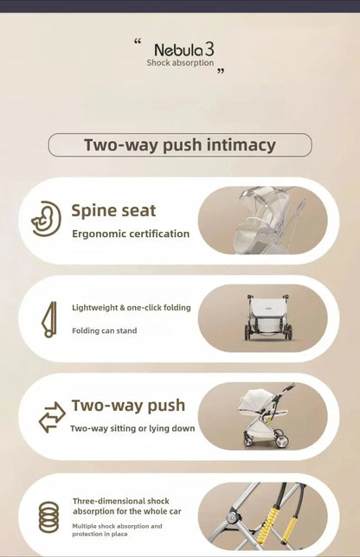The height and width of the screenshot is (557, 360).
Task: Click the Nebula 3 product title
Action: pos(184,50)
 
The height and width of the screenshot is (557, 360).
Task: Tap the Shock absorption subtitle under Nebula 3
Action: pos(180,63)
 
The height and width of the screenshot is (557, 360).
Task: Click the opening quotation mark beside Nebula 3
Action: pos(138,42)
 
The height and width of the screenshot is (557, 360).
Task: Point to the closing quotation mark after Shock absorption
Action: pos(221,72)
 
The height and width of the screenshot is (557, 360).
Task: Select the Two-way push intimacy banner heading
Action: pos(180,145)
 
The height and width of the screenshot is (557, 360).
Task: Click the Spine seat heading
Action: pos(113,211)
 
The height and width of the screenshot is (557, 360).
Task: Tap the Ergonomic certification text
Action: pos(131,234)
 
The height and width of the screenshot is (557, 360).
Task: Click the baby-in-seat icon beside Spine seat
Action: pos(46,219)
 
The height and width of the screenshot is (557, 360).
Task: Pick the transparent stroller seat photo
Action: pos(262,221)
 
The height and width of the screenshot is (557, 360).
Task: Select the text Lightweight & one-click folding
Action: pos(132,308)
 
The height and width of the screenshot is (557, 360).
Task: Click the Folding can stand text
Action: pos(104,330)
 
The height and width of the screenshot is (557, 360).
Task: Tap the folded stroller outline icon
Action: pos(49,320)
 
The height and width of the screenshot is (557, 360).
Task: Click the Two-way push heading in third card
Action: pos(128,406)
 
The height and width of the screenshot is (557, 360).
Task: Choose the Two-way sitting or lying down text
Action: pos(132,428)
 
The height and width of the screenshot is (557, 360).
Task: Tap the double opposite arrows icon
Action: pos(52,417)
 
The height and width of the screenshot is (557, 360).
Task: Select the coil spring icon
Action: pos(48,517)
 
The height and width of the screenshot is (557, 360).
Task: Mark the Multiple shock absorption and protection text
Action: pos(117,530)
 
